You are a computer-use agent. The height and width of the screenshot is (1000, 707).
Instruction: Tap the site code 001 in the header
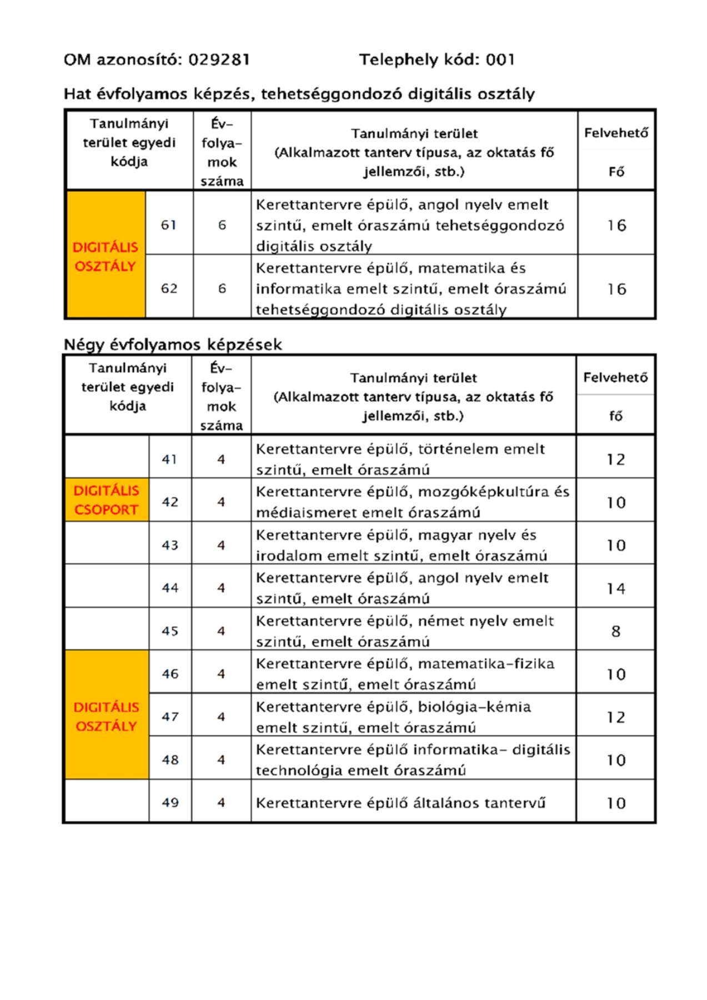(x=500, y=59)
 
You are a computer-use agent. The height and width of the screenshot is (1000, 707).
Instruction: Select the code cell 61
(x=169, y=225)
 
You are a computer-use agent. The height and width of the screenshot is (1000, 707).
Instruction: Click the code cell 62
(x=169, y=288)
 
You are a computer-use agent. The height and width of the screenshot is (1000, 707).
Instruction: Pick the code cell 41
(x=169, y=459)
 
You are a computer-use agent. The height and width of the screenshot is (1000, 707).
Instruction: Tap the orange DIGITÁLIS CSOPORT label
(x=106, y=500)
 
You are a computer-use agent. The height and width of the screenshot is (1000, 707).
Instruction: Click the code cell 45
(x=169, y=631)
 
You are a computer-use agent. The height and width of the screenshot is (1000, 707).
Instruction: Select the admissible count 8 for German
(x=615, y=631)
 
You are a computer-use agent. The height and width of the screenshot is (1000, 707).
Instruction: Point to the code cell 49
(x=169, y=803)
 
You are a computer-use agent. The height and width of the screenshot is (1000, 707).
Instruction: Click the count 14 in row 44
(x=615, y=588)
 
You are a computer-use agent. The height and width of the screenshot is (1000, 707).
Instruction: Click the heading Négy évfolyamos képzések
(x=173, y=344)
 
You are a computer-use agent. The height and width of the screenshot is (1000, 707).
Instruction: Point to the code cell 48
(x=169, y=759)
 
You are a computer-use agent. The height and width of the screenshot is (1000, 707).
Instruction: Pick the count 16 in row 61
(x=616, y=225)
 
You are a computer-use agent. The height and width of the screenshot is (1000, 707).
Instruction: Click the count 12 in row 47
(x=615, y=717)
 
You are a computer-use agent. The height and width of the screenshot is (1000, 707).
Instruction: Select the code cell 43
(x=169, y=545)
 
